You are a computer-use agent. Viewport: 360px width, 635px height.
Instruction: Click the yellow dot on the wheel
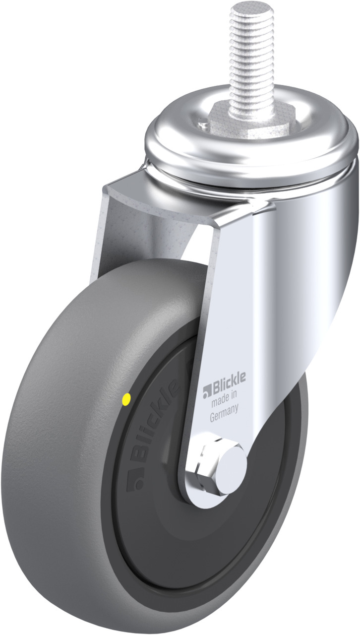(125, 399)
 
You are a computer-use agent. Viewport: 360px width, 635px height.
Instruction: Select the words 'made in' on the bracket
(224, 400)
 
